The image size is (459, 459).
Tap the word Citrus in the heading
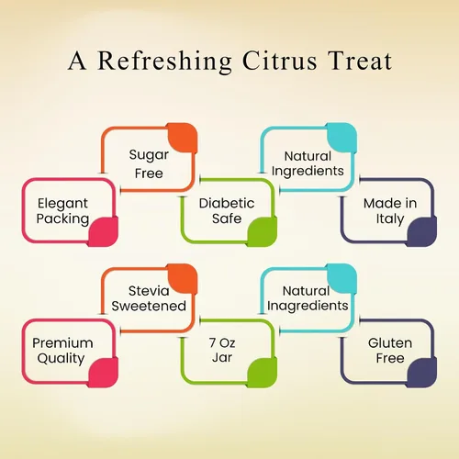[x=279, y=61]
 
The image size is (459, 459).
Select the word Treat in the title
[x=360, y=61]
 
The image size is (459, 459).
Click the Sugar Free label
[x=149, y=164]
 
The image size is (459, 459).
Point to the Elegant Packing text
[x=62, y=211]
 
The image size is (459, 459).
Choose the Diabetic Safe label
[x=227, y=211]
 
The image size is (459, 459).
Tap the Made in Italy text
[x=390, y=211]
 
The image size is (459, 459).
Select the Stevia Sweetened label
[x=149, y=298]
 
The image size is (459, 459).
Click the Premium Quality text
[x=62, y=351]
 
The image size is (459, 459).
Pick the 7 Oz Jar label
[x=222, y=350]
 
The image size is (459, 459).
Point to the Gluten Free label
[x=390, y=351]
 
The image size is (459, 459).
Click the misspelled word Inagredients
[x=308, y=307]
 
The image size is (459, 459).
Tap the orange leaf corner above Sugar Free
[x=183, y=138]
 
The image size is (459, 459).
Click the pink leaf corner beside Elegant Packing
[x=104, y=231]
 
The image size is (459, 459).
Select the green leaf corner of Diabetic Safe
[x=263, y=231]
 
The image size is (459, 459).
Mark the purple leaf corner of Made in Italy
[x=421, y=231]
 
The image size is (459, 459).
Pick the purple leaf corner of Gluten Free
[x=421, y=373]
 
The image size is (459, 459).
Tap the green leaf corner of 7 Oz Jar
[x=263, y=373]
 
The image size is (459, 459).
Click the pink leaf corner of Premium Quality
[x=104, y=373]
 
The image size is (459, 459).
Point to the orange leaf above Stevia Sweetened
[x=183, y=279]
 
